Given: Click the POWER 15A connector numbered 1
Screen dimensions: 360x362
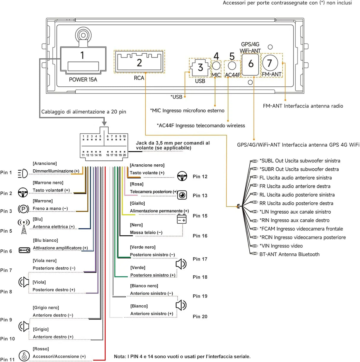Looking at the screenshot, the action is pos(83,60).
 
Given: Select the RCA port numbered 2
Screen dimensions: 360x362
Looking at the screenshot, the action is pos(139,62).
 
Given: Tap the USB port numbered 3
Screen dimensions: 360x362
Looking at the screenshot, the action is pos(200,67).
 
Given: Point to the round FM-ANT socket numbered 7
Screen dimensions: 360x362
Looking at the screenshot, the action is pos(270,63).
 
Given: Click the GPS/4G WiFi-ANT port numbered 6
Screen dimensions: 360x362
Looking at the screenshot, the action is pos(250,64).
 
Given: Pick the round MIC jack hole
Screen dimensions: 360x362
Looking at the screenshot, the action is pos(216,66).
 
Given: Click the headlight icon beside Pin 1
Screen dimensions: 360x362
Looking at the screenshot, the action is pos(23,173).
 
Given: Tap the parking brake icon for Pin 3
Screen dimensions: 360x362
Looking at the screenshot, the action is pos(23,209).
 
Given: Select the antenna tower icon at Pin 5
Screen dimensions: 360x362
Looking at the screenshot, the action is pos(24,227).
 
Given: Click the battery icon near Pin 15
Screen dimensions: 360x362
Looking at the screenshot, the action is pos(181,219).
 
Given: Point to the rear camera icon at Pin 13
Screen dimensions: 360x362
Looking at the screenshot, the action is pos(182,195).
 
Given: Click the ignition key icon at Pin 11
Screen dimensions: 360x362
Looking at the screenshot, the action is pos(24,355).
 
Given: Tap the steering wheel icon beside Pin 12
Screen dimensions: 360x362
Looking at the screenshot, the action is pos(182,176).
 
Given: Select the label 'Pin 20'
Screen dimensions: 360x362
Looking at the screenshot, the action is pos(200,316).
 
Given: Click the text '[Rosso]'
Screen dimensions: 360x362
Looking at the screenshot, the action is pos(41,349).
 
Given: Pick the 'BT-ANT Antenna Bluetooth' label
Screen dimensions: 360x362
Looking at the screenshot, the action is pos(289,254).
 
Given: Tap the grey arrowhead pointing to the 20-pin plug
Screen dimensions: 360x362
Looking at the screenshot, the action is pos(104,123).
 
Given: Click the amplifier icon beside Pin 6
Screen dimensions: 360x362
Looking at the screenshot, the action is pos(24,250).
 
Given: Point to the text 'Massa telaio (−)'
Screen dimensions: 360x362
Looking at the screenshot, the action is pos(146,232).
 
